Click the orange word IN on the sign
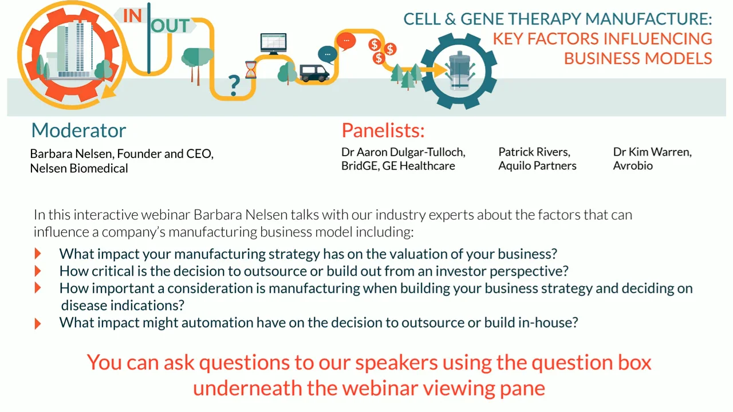click(x=132, y=15)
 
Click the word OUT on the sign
click(x=170, y=26)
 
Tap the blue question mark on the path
click(x=234, y=85)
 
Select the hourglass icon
click(x=251, y=69)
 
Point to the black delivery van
click(x=314, y=73)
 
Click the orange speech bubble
click(x=346, y=41)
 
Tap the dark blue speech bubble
click(x=327, y=54)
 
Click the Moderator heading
click(x=78, y=130)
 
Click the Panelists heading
click(x=383, y=130)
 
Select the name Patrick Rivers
click(x=534, y=152)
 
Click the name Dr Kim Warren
click(x=652, y=152)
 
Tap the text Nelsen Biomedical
click(x=79, y=168)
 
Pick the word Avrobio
click(x=633, y=166)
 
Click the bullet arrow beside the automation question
click(x=38, y=323)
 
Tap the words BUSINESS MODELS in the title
click(x=638, y=58)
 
